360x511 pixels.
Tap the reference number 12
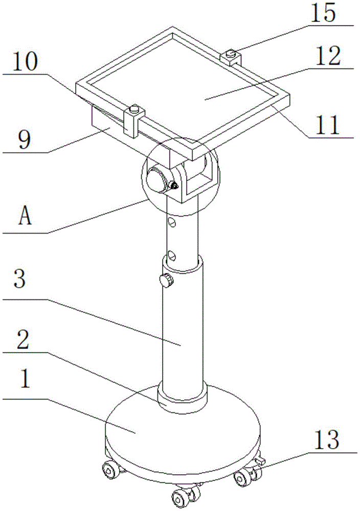tap(327, 57)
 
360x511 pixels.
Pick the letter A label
tap(25, 217)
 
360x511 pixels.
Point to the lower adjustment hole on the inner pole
tap(172, 254)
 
